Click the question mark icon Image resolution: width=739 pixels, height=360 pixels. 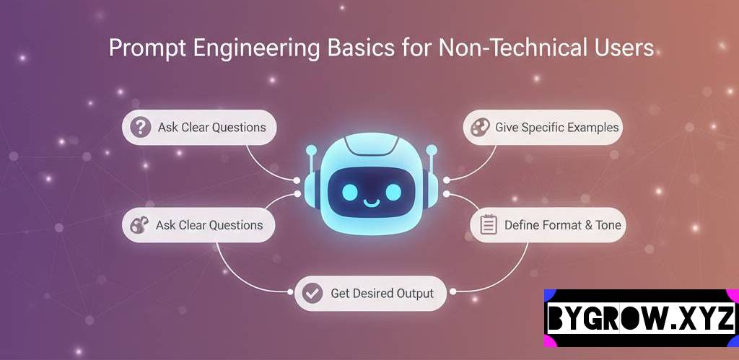coord(141,127)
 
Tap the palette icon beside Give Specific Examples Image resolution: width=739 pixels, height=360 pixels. coord(480,127)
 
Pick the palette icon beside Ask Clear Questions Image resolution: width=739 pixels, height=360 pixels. coord(139,225)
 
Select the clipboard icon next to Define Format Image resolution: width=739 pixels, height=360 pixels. coord(489,225)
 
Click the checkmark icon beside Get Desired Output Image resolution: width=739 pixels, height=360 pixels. coord(312,293)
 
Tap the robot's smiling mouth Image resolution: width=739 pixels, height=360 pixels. coord(372,203)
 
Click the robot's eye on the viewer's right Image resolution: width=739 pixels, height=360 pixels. coord(393,192)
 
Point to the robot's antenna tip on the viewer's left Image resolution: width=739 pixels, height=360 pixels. coord(311,150)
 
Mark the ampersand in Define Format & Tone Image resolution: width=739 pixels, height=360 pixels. coord(589,225)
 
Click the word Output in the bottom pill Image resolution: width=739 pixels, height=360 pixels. coord(415,294)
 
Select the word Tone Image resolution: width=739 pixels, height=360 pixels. coord(608,225)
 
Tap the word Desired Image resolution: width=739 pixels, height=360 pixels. coord(372,293)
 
